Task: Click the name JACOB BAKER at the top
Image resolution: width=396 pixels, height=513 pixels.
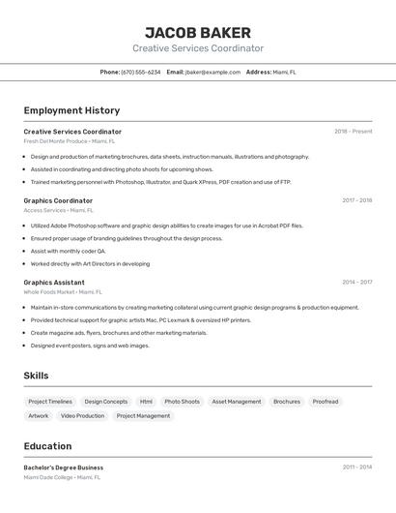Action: point(198,32)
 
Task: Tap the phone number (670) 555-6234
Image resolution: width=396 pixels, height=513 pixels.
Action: point(141,72)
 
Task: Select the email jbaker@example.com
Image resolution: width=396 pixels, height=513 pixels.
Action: point(212,72)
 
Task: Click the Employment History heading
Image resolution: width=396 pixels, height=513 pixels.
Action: point(71,110)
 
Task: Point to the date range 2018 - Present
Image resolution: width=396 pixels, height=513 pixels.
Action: point(353,132)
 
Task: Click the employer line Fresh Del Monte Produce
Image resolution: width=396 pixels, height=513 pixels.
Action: point(69,141)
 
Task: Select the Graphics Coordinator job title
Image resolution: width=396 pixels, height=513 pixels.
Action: point(58,200)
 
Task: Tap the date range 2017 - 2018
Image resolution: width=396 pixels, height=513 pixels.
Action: point(356,200)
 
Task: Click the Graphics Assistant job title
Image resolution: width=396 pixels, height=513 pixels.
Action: point(54,283)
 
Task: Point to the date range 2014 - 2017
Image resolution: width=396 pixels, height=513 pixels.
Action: point(356,283)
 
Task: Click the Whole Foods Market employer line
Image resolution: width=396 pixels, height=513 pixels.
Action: point(63,291)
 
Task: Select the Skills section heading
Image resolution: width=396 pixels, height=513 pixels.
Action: point(36,376)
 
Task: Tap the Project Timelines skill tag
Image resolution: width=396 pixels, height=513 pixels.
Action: point(50,402)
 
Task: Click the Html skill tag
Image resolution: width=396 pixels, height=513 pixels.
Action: point(146,402)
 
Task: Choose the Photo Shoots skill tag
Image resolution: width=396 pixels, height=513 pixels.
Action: point(182,402)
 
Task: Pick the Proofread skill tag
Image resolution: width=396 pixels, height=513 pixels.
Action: point(325,402)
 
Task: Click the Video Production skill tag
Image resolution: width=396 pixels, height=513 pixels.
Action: point(82,416)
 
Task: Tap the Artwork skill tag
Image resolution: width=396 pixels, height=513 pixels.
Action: point(39,416)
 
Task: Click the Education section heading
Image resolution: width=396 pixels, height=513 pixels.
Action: point(47,446)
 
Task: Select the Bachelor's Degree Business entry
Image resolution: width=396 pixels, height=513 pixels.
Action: point(64,468)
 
